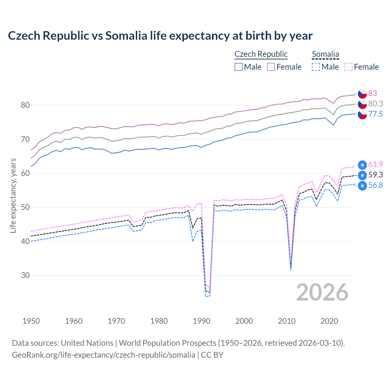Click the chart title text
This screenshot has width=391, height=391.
pos(160,36)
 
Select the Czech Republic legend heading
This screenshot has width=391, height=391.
pos(261,54)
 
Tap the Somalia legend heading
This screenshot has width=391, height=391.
pos(325,54)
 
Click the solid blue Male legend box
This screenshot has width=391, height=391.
pos(239,67)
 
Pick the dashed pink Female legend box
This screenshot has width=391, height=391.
pos(349,67)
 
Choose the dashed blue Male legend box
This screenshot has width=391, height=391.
pos(316,67)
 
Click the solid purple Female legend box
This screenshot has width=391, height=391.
pos(271,67)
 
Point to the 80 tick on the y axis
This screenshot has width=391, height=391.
pos(25,105)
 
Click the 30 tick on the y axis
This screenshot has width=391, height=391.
pos(25,275)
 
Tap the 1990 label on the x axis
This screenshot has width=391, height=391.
pos(202,321)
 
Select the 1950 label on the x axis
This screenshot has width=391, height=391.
pos(31,321)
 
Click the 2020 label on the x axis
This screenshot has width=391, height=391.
pos(329,321)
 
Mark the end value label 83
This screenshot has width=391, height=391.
pos(372,93)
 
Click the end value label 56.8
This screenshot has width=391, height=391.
pos(375,185)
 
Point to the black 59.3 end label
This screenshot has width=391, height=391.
pos(375,175)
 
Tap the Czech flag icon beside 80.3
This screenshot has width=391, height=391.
pos(362,104)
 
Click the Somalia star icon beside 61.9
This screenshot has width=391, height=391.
pos(362,165)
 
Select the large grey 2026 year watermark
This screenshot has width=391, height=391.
pos(322,292)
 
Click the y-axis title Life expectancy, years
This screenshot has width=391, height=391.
pos(13,195)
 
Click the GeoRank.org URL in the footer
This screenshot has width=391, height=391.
pos(104,355)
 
